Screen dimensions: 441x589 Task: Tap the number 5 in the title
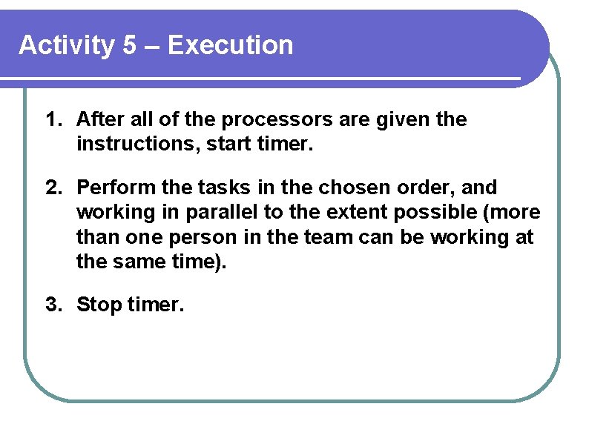coord(130,46)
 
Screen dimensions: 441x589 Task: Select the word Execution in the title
coord(231,46)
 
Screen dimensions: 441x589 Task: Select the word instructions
coord(127,144)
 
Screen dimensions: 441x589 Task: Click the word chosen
coord(350,188)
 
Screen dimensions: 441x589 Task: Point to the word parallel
coord(220,212)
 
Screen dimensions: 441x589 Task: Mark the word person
coord(205,237)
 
